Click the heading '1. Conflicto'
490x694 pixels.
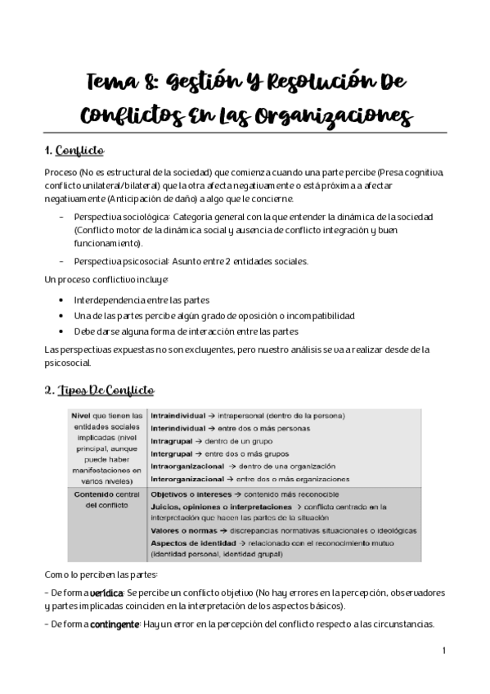[x=74, y=151]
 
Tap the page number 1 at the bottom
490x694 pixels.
[x=443, y=651]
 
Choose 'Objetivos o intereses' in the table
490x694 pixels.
[x=191, y=494]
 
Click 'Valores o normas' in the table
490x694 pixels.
[x=183, y=530]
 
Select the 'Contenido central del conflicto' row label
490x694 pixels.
[x=106, y=500]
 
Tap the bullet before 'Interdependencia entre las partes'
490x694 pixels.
[x=63, y=300]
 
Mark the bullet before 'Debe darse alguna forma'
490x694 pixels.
[x=63, y=331]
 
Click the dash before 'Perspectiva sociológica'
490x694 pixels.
[x=62, y=217]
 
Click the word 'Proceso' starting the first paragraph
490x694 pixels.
[x=61, y=174]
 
